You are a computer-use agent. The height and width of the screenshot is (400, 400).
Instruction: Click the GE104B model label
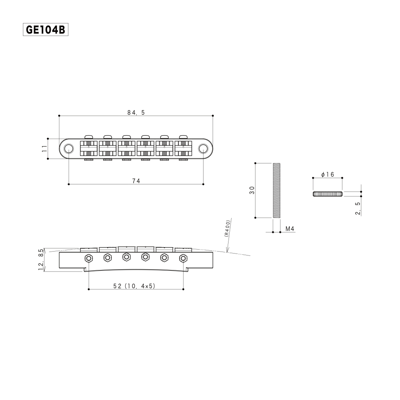point(46,30)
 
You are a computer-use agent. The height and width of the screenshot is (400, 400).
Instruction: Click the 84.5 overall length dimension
point(136,112)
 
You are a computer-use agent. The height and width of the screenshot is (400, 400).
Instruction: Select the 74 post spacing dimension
point(136,180)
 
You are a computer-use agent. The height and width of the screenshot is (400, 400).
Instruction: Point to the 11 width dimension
point(45,148)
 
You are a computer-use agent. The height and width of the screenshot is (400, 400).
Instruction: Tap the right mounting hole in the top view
point(203,148)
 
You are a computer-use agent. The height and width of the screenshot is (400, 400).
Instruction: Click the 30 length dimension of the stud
point(252,190)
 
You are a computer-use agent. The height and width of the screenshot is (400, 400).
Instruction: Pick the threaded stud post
point(277,190)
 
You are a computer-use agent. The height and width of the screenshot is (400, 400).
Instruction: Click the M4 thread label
point(289,229)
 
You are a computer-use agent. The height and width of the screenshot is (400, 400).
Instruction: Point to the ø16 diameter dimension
point(327,175)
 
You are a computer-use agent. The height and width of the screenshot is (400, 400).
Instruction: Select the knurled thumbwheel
point(327,194)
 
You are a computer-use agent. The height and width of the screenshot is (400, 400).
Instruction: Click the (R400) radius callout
point(227,229)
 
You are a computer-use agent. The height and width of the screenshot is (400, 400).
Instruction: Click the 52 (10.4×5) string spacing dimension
point(134,286)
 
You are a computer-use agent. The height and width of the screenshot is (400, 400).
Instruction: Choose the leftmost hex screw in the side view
point(89,258)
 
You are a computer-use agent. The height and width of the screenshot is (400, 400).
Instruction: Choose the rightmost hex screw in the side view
point(183,258)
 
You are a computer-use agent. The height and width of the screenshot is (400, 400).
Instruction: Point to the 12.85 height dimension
point(41,260)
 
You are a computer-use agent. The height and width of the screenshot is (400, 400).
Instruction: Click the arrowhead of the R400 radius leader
point(227,252)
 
